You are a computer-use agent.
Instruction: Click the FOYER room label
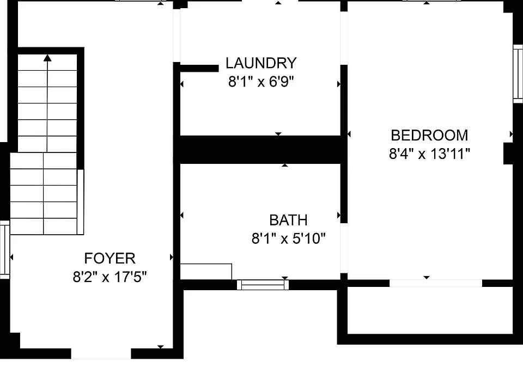click(x=110, y=258)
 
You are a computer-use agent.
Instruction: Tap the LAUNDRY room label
click(x=261, y=63)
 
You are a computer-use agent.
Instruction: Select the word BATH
click(x=288, y=220)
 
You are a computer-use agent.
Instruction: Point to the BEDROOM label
click(x=429, y=136)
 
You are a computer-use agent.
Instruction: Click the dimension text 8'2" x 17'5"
click(x=110, y=277)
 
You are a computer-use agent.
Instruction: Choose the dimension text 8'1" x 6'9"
click(x=261, y=81)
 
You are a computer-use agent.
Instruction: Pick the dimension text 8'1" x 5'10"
click(x=288, y=238)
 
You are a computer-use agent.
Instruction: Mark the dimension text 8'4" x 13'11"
click(x=429, y=154)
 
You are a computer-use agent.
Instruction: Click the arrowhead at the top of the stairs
click(x=47, y=58)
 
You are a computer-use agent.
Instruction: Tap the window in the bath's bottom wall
click(x=263, y=285)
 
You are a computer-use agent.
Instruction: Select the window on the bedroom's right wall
click(x=518, y=73)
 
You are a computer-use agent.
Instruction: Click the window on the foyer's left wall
click(x=5, y=250)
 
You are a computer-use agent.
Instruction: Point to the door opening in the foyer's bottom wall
click(x=101, y=354)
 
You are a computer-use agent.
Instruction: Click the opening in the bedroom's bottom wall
click(x=436, y=283)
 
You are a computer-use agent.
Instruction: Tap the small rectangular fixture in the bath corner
click(x=206, y=271)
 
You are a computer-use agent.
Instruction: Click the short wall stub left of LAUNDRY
click(x=199, y=68)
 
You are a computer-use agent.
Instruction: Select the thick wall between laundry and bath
click(x=260, y=150)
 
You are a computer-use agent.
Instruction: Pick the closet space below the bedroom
click(x=430, y=310)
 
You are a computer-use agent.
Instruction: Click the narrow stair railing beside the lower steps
click(x=81, y=202)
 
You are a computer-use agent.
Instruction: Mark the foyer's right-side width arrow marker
click(x=172, y=257)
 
